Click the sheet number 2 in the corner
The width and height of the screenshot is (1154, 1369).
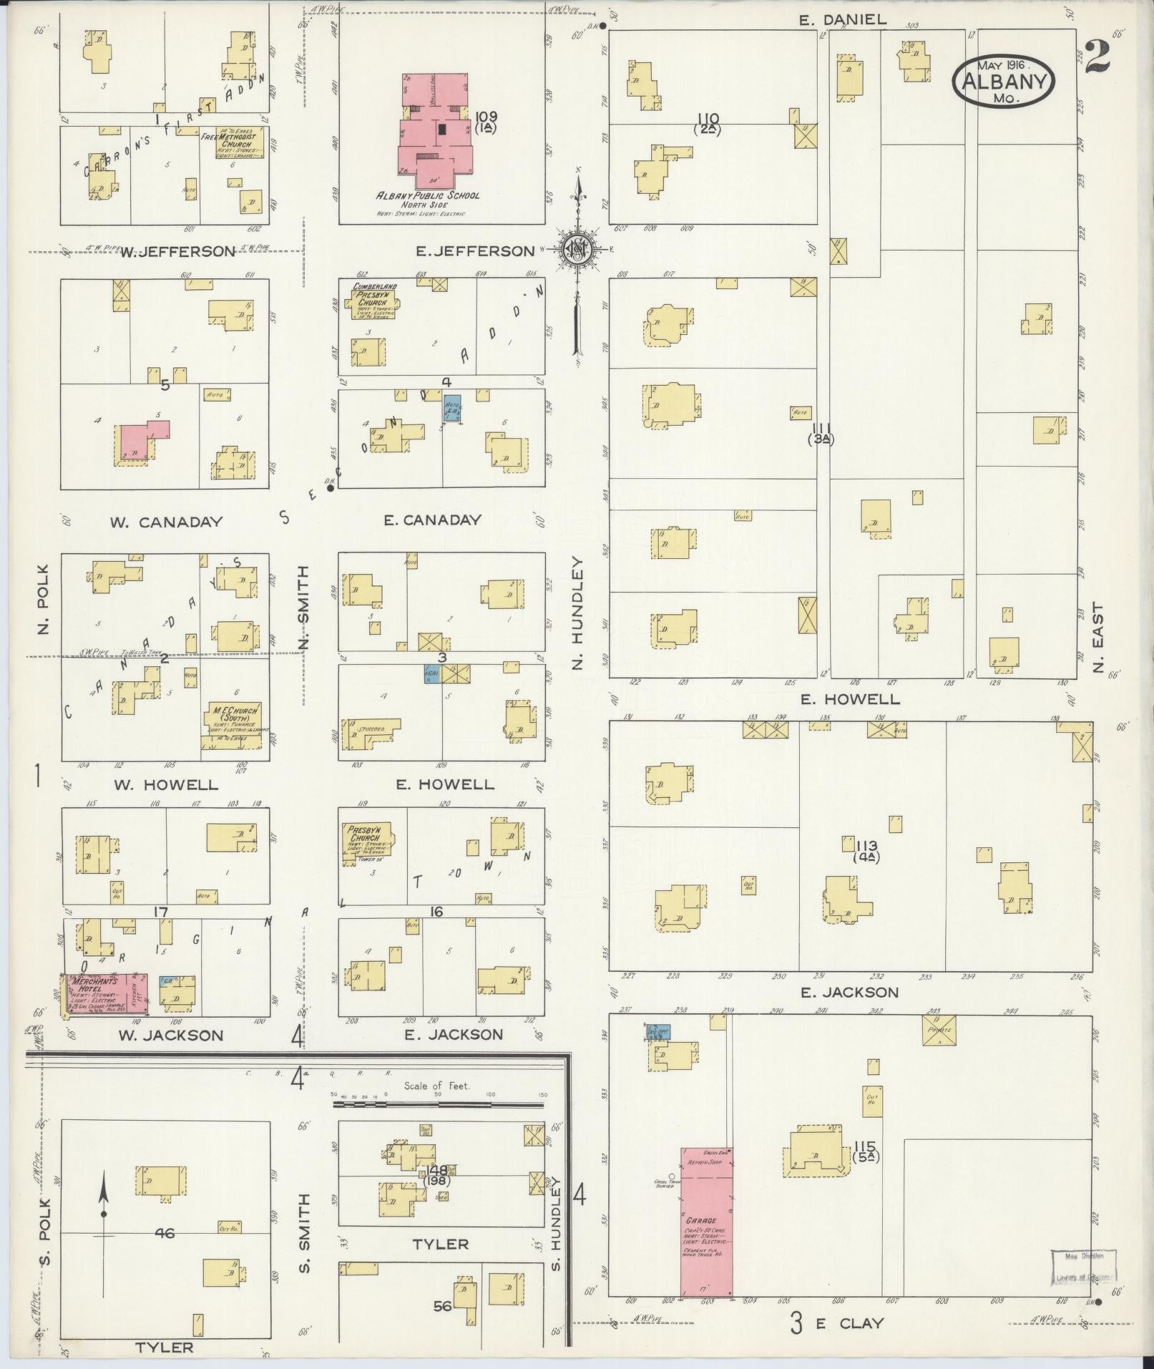(x=1097, y=57)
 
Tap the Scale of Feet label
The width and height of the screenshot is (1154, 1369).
(x=436, y=1106)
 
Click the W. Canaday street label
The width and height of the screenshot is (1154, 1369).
(x=166, y=522)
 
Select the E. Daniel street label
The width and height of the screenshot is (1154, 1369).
(x=843, y=20)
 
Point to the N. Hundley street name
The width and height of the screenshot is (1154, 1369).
(x=578, y=614)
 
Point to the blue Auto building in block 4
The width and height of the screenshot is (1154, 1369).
(x=452, y=409)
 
